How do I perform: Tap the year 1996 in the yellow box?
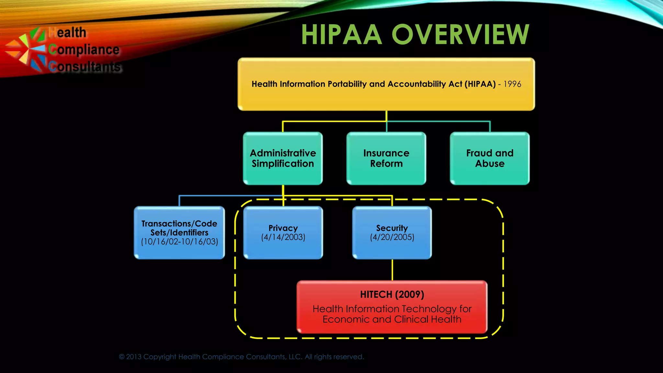(512, 84)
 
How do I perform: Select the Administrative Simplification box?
(283, 158)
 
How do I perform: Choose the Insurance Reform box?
(386, 158)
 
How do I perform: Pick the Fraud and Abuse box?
(489, 158)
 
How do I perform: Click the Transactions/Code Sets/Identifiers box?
(179, 232)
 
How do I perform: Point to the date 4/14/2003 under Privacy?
(283, 237)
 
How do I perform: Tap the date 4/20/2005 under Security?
(392, 237)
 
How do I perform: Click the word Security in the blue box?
(392, 228)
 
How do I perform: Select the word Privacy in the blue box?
(283, 228)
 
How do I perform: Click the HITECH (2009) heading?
(392, 294)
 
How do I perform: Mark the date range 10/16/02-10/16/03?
(179, 242)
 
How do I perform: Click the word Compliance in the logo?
(84, 50)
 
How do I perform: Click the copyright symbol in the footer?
(122, 357)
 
